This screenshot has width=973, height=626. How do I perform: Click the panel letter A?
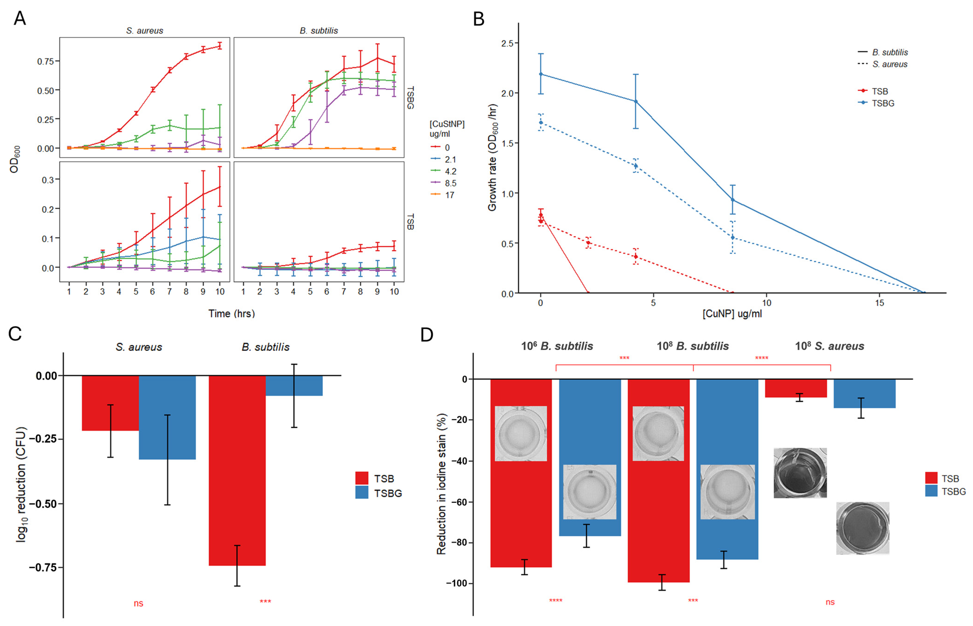19,19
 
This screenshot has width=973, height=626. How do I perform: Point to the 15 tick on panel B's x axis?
879,303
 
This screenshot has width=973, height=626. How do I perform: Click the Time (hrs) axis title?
231,313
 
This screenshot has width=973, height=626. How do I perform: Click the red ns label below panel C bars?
138,603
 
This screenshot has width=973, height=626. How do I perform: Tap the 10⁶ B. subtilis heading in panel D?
557,346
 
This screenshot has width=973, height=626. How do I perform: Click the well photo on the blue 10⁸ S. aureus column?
862,528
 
